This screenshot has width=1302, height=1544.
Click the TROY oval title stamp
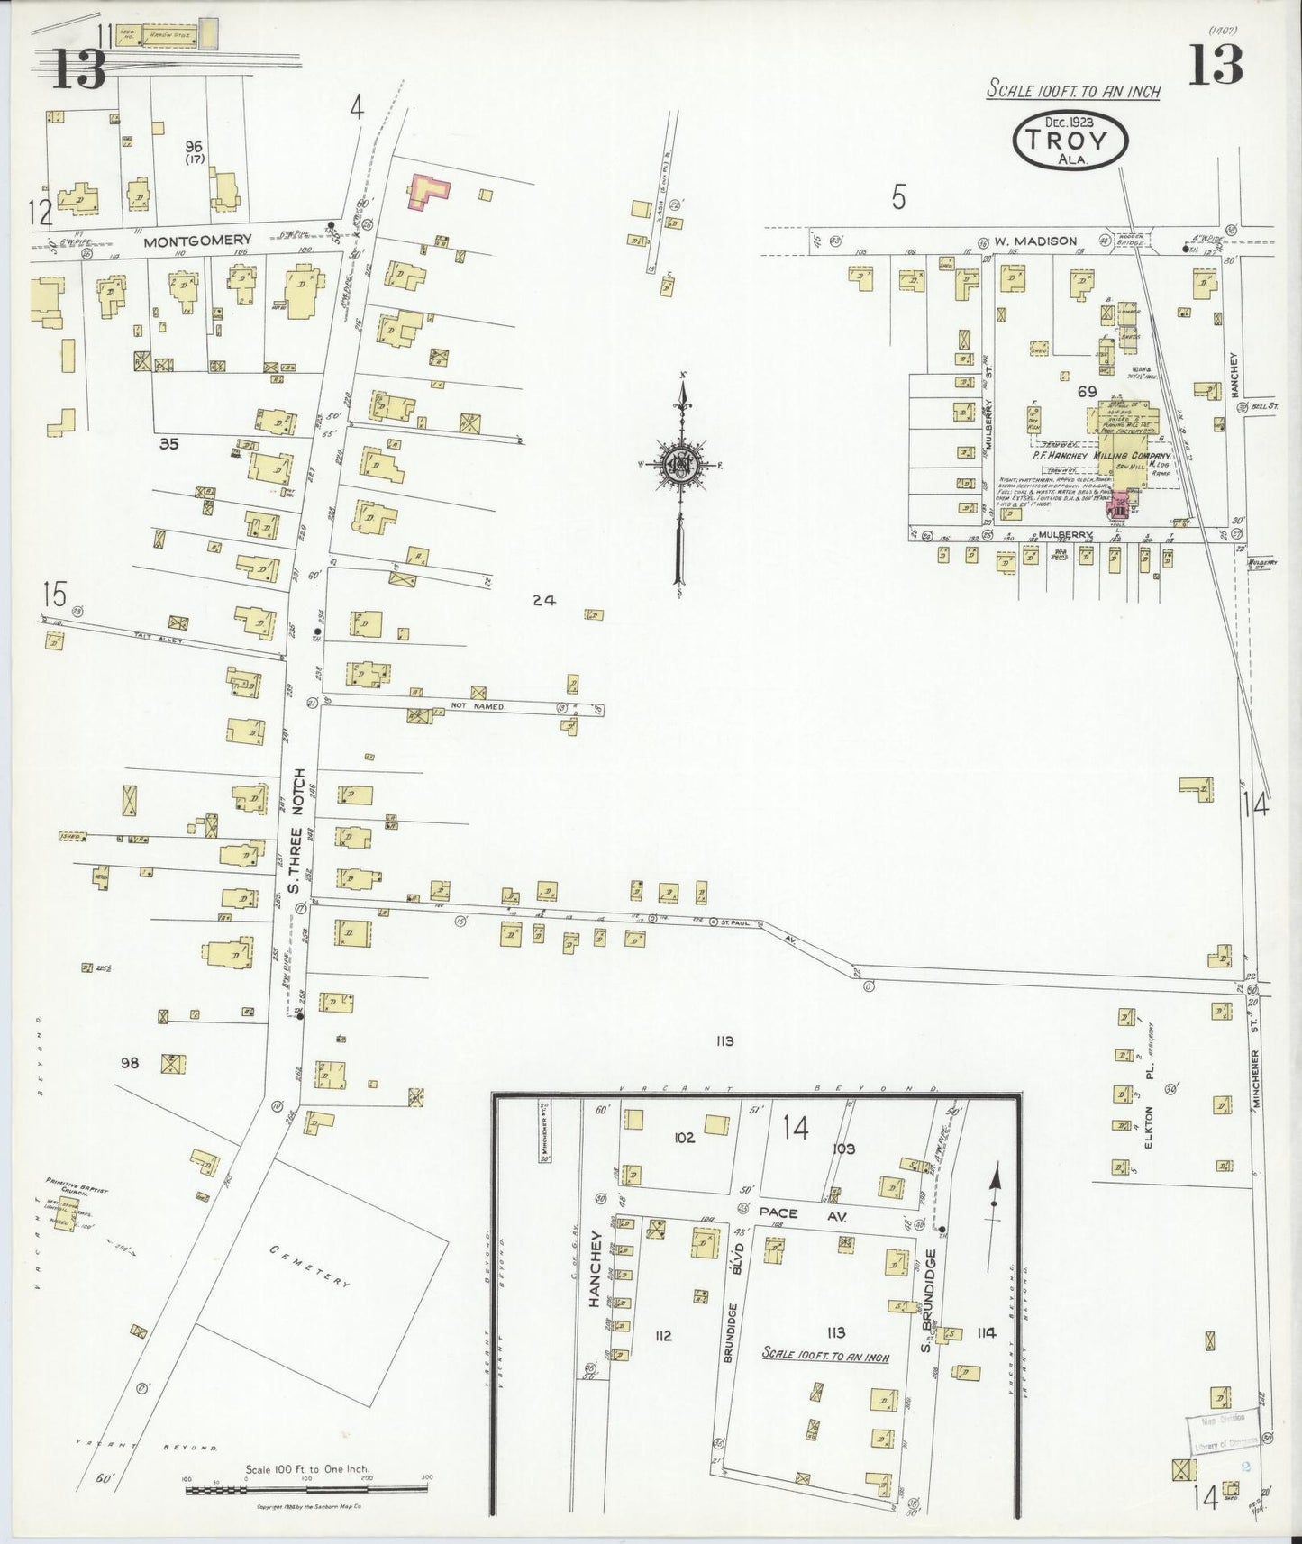click(x=1070, y=139)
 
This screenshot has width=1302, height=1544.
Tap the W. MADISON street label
click(x=1035, y=241)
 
